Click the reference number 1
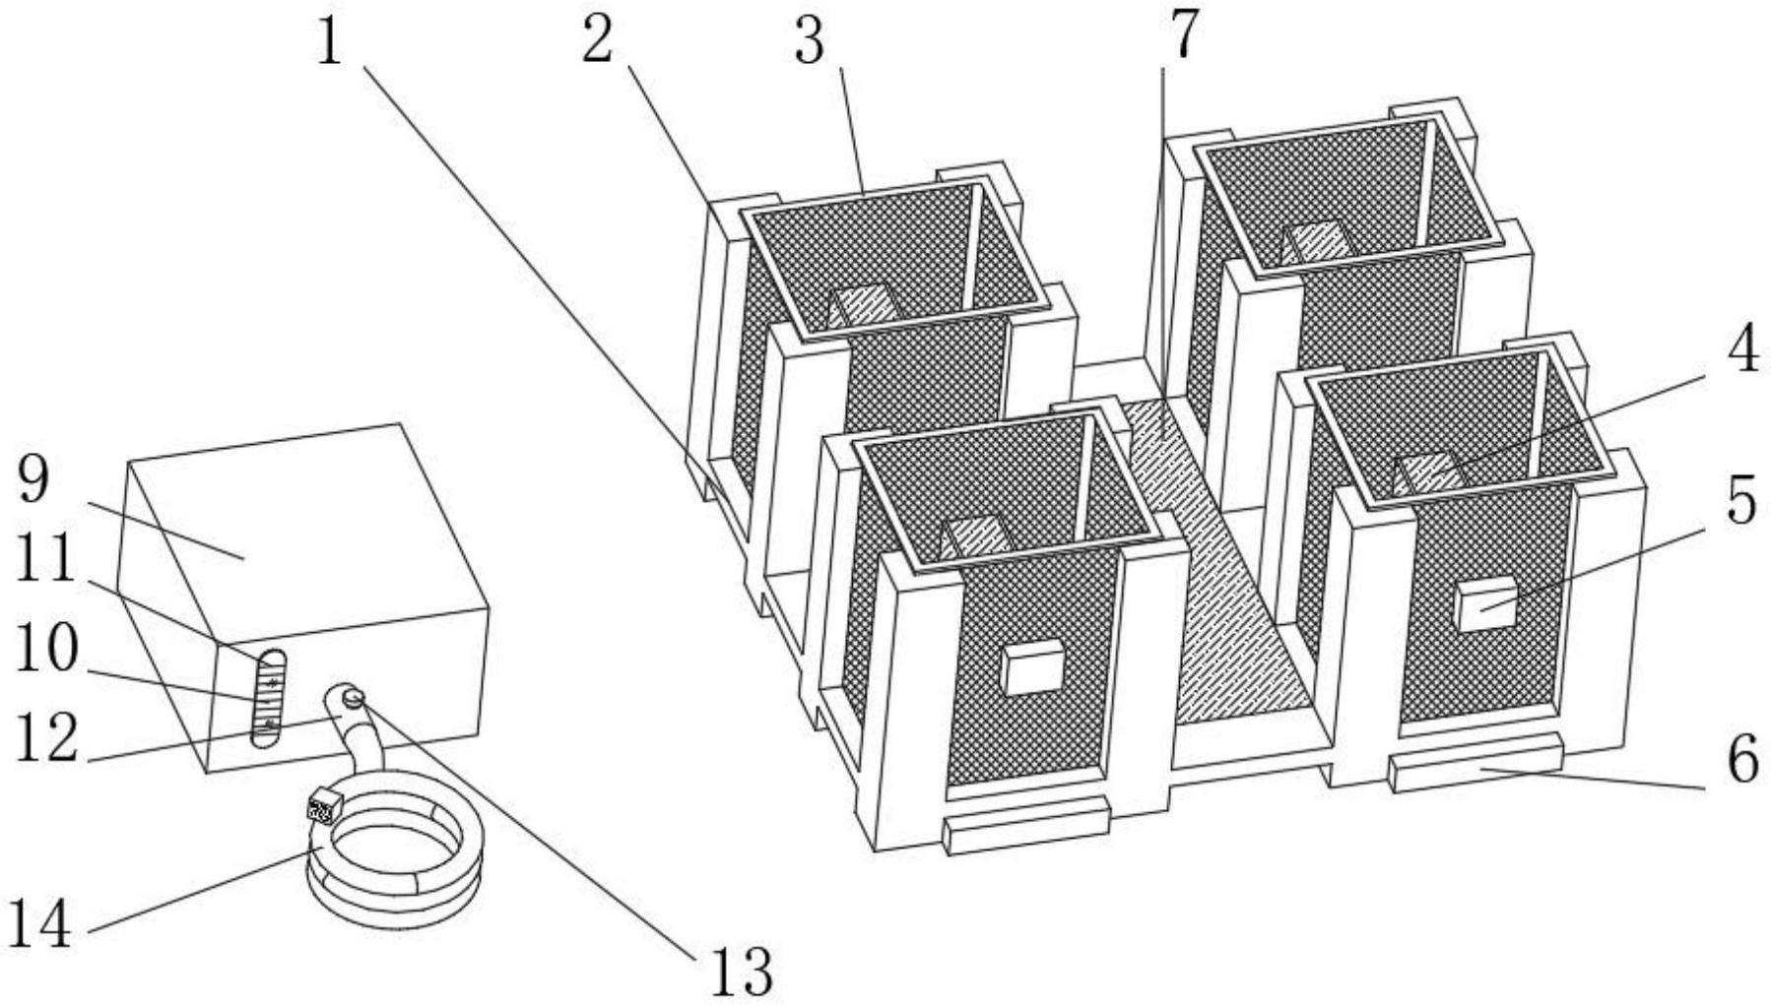[x=330, y=42]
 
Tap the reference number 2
[x=598, y=41]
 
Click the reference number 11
[x=44, y=562]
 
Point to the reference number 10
[x=44, y=651]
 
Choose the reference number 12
[x=44, y=739]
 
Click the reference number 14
[x=39, y=925]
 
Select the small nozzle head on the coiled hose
[x=320, y=809]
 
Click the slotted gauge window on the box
[x=268, y=698]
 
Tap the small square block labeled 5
[x=1486, y=604]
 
